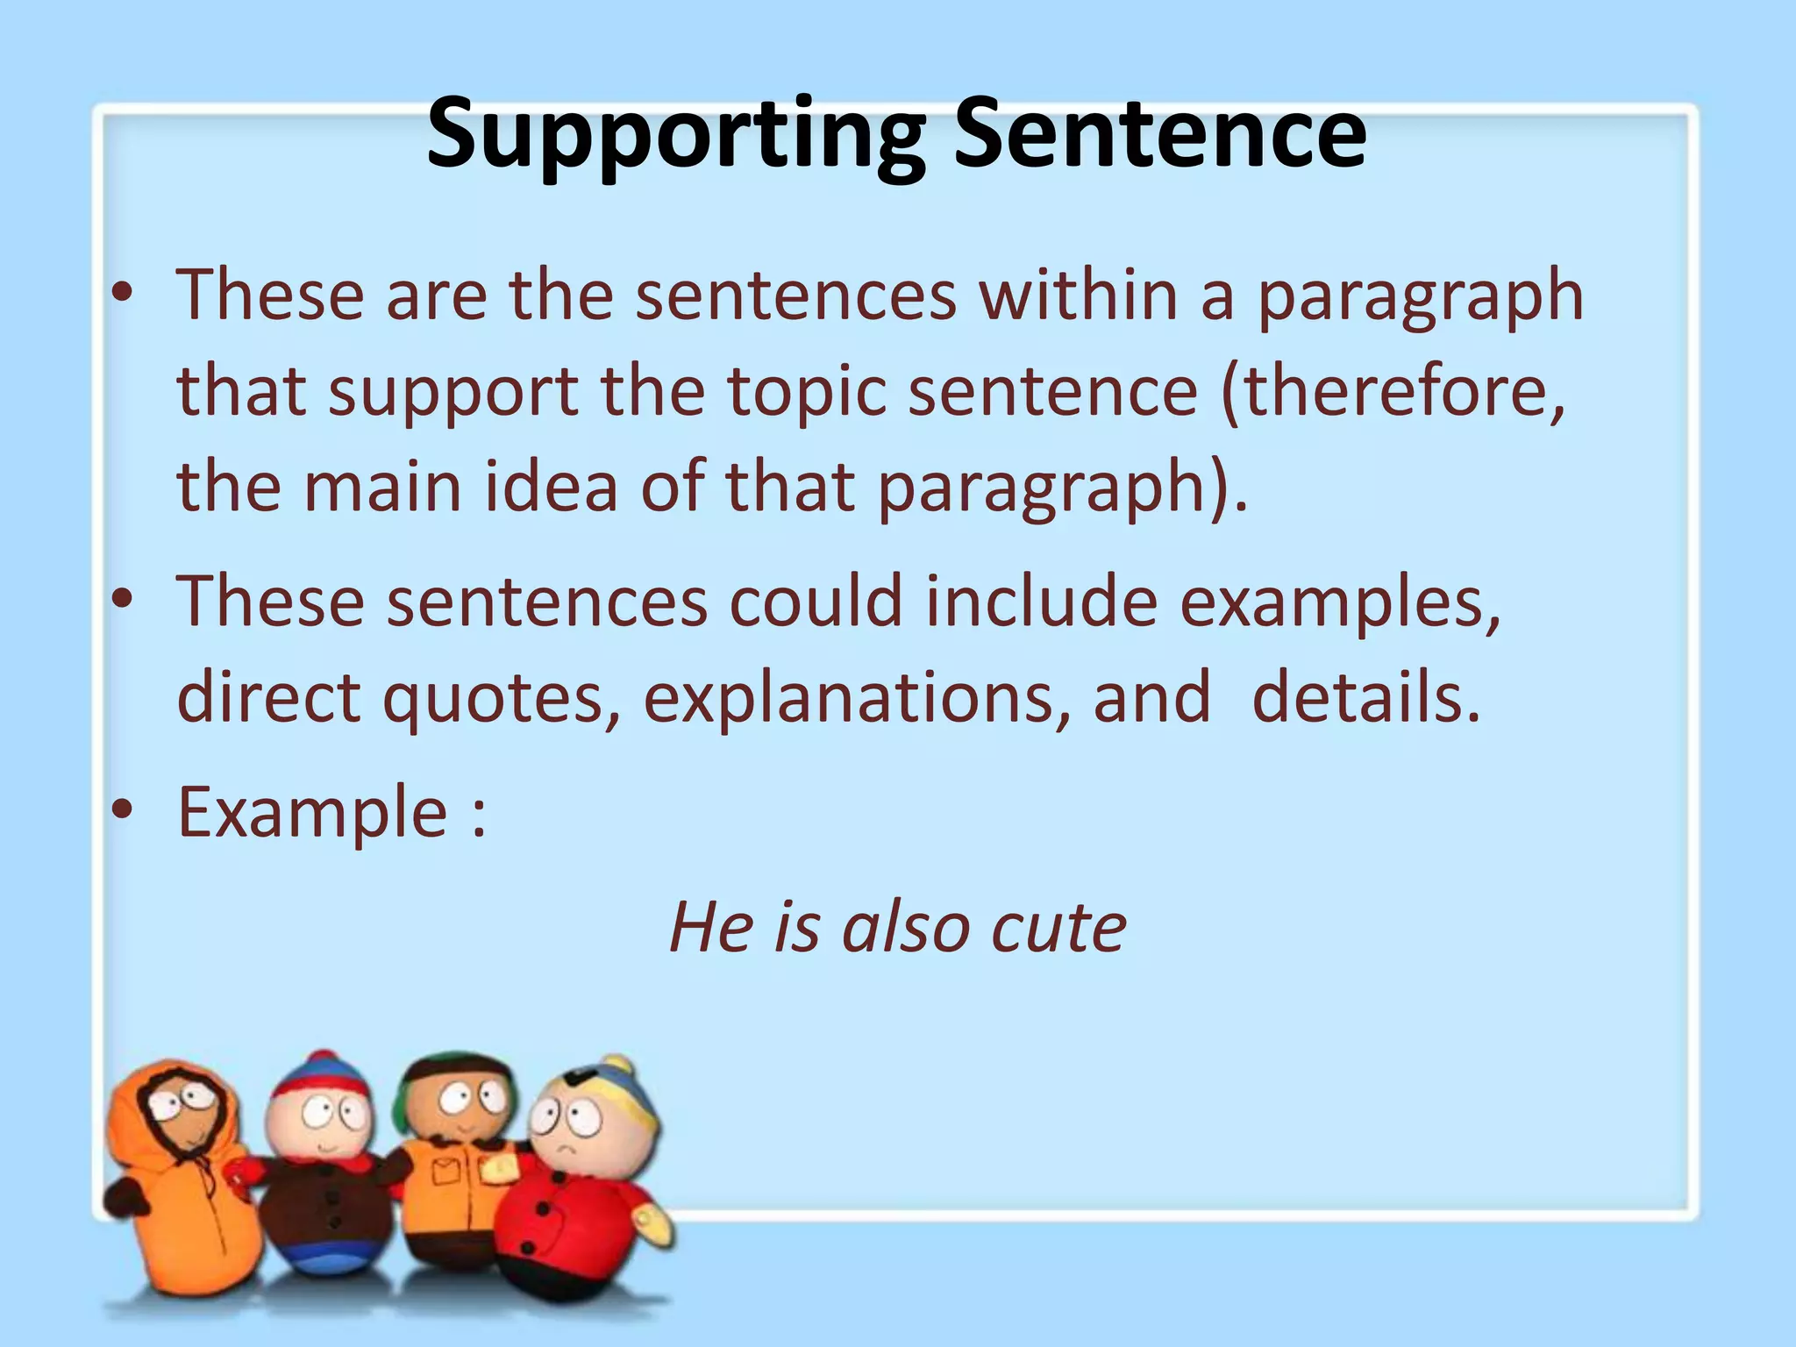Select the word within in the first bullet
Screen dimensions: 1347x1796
(1078, 296)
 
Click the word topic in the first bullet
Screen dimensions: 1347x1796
(807, 392)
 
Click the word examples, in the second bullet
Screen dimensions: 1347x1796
(1339, 604)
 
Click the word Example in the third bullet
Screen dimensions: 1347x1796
(313, 813)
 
